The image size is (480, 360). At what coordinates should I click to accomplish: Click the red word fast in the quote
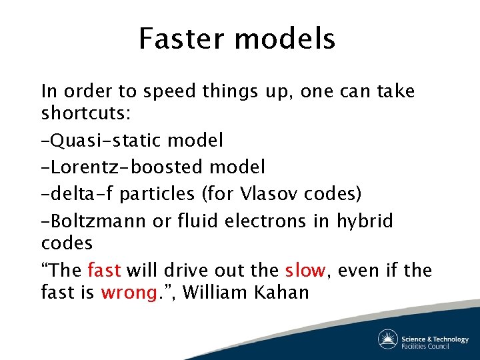[x=104, y=271]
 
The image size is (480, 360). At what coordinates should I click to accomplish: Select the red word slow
[x=305, y=271]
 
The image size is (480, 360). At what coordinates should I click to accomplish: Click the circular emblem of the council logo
[x=388, y=339]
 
